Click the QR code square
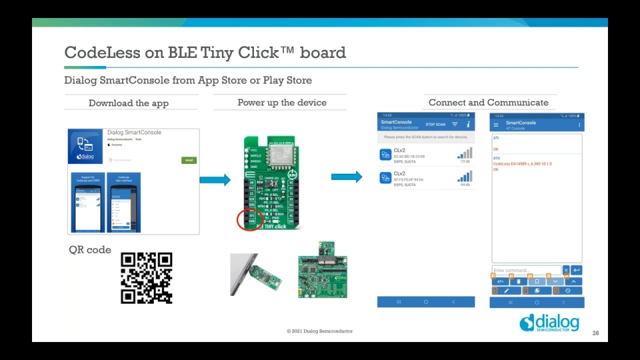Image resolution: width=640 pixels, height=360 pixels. point(146,278)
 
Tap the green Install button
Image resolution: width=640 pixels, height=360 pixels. point(189,160)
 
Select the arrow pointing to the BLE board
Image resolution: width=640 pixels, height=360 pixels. point(215,180)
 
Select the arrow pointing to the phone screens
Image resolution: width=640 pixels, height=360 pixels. point(347,177)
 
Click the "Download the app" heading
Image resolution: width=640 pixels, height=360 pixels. point(129,103)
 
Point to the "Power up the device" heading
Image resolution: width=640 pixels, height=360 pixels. point(282,102)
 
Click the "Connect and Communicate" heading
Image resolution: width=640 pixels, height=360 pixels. point(488,102)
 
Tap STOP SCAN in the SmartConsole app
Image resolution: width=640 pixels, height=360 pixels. point(435,125)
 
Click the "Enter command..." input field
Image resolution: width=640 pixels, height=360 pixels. point(526,270)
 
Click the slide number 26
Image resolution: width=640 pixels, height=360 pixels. point(595,333)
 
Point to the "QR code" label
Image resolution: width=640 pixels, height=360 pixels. point(90,250)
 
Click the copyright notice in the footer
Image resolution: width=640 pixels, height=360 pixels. point(319,331)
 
